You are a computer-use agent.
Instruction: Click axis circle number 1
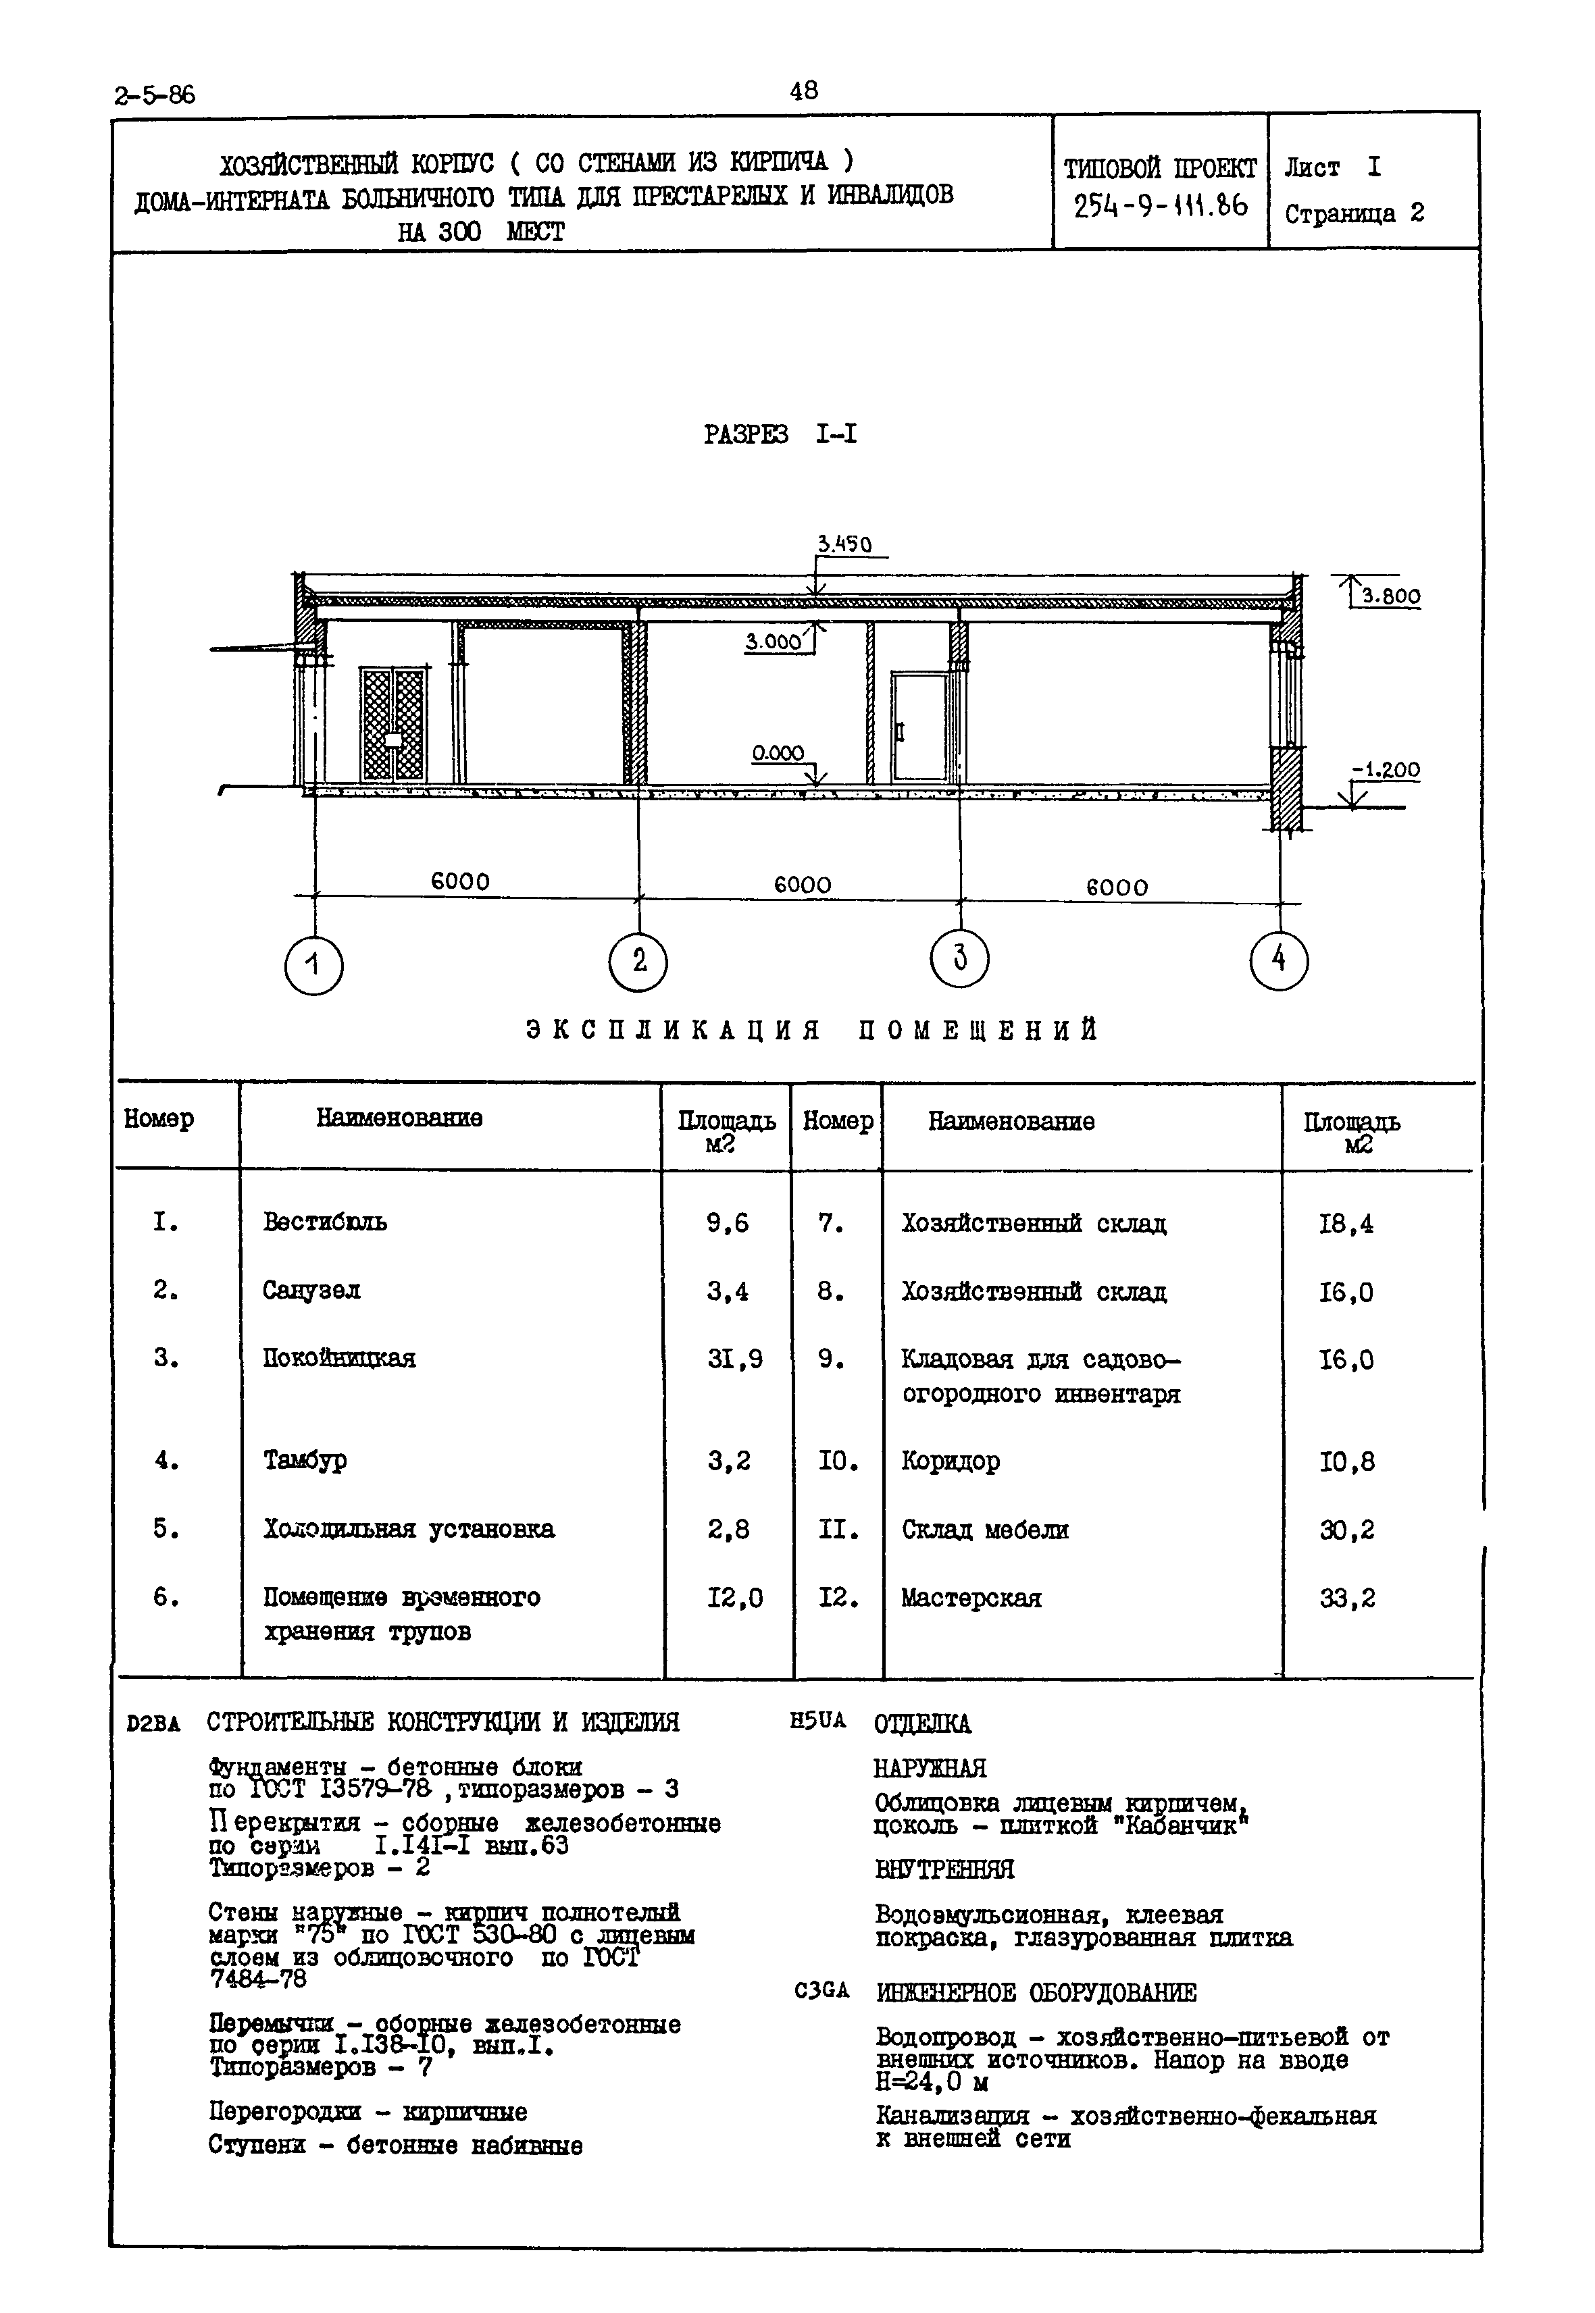(314, 965)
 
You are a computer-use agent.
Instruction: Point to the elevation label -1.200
(1386, 771)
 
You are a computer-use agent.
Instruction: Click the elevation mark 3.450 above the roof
(844, 544)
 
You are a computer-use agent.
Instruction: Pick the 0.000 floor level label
(778, 754)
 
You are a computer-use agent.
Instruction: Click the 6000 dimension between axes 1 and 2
(459, 881)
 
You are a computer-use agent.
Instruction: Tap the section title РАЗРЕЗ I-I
(780, 435)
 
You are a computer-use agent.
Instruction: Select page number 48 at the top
(803, 91)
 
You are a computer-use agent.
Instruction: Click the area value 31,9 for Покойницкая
(734, 1359)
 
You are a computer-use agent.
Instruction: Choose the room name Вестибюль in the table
(325, 1222)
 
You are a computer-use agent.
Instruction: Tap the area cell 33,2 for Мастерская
(1346, 1599)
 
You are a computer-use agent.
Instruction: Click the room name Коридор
(951, 1461)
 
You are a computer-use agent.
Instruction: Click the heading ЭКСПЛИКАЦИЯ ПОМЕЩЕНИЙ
(811, 1030)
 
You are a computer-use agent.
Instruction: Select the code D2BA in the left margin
(153, 1723)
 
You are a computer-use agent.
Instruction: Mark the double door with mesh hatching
(394, 725)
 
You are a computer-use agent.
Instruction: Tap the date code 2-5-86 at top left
(155, 96)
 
